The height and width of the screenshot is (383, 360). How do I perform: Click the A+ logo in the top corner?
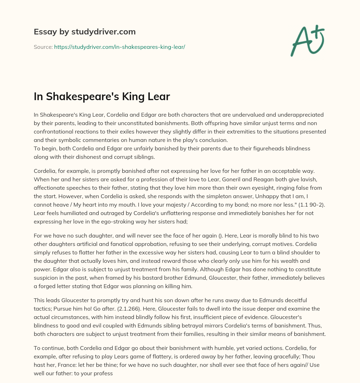307,41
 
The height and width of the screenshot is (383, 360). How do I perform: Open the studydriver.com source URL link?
120,47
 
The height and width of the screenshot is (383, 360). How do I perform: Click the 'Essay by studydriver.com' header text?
84,32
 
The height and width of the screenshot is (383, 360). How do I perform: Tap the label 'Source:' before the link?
43,47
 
